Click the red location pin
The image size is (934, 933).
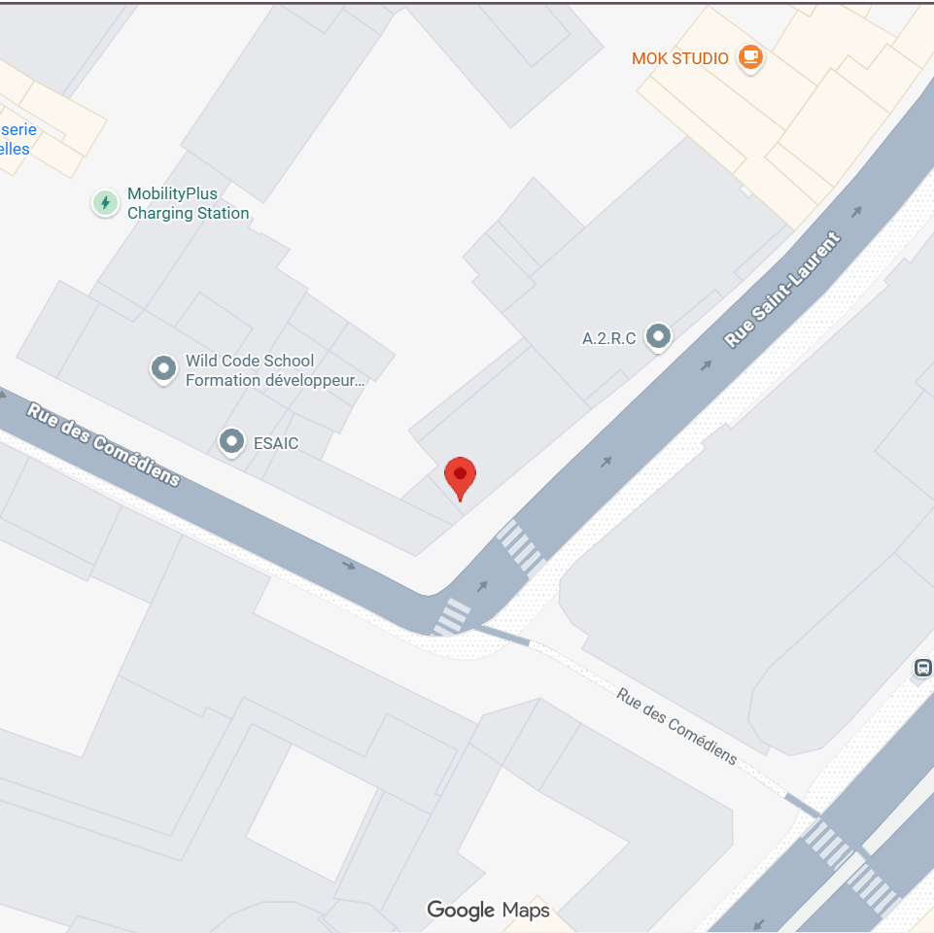click(x=460, y=476)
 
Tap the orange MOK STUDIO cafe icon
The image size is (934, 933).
click(x=749, y=57)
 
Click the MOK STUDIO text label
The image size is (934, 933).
click(x=679, y=58)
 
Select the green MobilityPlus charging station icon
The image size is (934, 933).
click(x=105, y=203)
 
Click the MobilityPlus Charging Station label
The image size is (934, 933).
click(x=188, y=203)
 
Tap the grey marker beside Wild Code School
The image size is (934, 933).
click(x=163, y=369)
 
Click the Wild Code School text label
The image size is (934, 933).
click(x=274, y=370)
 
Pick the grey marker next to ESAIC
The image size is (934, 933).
click(x=231, y=442)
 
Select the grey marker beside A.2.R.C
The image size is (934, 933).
click(x=660, y=337)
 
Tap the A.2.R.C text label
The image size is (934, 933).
click(x=608, y=338)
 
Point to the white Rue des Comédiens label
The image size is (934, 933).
click(x=103, y=443)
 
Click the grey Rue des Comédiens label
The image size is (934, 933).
click(x=676, y=725)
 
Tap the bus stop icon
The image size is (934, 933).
click(x=922, y=668)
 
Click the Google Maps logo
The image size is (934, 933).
click(x=488, y=910)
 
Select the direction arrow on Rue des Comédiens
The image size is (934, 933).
click(x=348, y=565)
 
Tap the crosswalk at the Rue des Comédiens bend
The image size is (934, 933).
click(x=452, y=616)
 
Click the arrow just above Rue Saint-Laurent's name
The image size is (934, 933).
click(x=856, y=212)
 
